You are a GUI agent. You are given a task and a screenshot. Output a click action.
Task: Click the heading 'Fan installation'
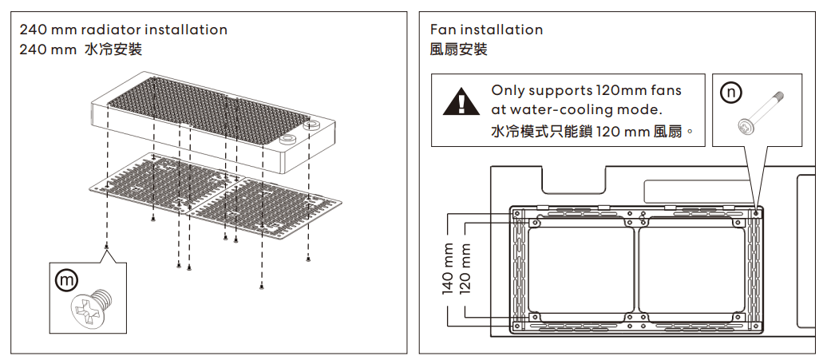click(x=486, y=30)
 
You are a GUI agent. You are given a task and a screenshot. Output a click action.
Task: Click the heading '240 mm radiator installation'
click(x=124, y=30)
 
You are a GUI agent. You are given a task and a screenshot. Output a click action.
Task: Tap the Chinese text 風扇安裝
click(x=458, y=49)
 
